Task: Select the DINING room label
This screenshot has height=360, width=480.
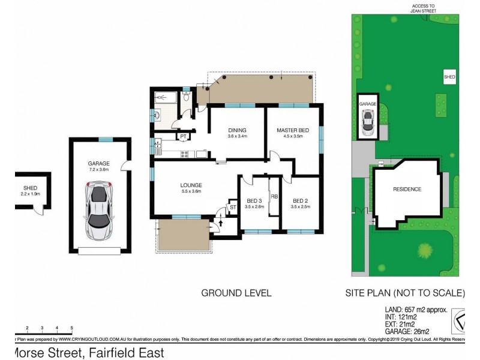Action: click(x=238, y=130)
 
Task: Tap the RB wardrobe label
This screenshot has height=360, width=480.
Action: click(x=274, y=196)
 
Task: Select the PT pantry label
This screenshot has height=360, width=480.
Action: click(x=182, y=137)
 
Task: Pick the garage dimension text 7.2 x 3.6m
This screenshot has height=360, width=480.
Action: click(x=100, y=169)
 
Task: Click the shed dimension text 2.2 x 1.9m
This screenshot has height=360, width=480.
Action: click(x=26, y=194)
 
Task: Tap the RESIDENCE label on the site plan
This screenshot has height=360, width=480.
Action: click(x=407, y=190)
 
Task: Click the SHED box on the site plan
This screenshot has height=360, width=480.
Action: click(x=449, y=77)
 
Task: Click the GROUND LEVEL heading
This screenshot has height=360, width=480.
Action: click(x=236, y=293)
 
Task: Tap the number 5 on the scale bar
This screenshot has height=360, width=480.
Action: click(x=71, y=328)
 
